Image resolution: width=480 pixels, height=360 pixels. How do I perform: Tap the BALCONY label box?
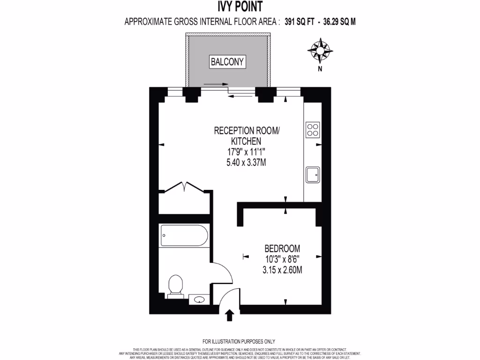227,61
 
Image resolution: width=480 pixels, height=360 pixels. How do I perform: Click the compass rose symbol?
320,51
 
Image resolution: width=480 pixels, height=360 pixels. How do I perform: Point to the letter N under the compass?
320,69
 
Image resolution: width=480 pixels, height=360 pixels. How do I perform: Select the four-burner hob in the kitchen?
313,129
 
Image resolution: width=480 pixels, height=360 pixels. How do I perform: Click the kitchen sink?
313,175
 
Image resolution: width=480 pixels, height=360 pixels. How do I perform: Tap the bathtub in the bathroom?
184,235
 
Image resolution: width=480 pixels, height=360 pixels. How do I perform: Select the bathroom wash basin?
200,299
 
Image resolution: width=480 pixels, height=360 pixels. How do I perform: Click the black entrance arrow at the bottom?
230,315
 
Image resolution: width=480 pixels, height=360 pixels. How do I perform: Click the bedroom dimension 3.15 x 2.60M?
282,270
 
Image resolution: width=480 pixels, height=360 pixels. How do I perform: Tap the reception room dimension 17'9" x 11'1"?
246,151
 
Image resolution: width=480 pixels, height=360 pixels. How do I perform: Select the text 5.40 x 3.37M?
246,162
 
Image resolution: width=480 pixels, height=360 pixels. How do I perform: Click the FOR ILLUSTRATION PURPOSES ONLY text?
239,341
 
